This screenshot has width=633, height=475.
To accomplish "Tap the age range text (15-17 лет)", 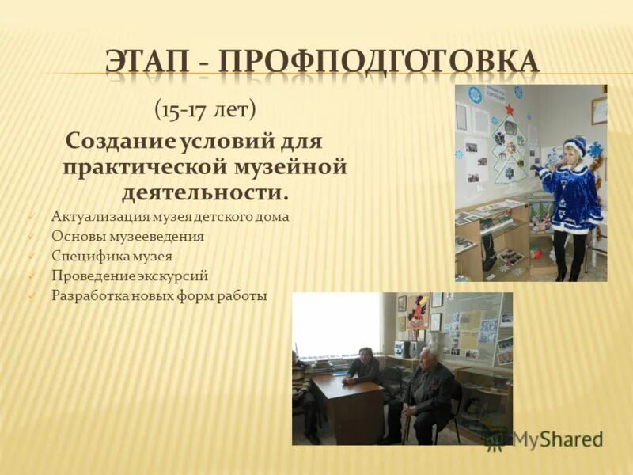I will click(x=205, y=109).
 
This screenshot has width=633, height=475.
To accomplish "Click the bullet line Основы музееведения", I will click(x=127, y=236).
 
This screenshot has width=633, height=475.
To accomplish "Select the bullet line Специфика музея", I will click(x=112, y=256).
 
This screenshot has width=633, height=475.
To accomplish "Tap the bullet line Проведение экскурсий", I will click(x=130, y=275).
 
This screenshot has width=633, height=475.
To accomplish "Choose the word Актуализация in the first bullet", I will click(x=98, y=216).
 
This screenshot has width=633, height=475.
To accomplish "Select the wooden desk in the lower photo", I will click(x=348, y=404).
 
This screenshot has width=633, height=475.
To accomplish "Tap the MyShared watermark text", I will click(x=557, y=439).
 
